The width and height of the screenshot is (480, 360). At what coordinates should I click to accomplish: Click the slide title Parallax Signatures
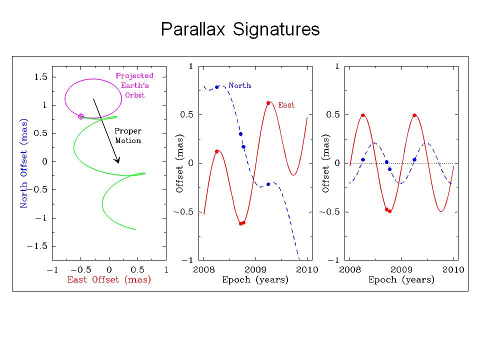pyautogui.click(x=240, y=29)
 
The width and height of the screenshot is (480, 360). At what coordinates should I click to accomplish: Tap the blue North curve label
pyautogui.click(x=239, y=85)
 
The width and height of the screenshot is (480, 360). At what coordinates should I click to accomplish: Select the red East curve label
pyautogui.click(x=286, y=105)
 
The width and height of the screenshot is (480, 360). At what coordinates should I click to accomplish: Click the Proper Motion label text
pyautogui.click(x=128, y=135)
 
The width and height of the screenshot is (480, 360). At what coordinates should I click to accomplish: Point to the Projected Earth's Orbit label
pyautogui.click(x=134, y=85)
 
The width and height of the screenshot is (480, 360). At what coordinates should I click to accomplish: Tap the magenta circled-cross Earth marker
pyautogui.click(x=81, y=116)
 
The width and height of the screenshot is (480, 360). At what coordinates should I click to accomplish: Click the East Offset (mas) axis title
pyautogui.click(x=109, y=279)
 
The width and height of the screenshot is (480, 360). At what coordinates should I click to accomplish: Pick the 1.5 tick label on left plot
pyautogui.click(x=40, y=76)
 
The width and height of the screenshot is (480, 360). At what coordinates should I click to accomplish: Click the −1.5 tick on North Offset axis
pyautogui.click(x=38, y=246)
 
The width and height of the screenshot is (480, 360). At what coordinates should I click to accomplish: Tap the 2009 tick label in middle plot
pyautogui.click(x=255, y=270)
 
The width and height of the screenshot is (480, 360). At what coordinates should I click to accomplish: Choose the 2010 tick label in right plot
pyautogui.click(x=453, y=270)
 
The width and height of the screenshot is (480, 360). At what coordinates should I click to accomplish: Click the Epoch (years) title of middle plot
pyautogui.click(x=255, y=280)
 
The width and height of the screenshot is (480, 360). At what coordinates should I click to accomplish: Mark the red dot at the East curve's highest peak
pyautogui.click(x=268, y=103)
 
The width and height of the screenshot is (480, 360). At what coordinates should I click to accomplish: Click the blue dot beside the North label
pyautogui.click(x=216, y=87)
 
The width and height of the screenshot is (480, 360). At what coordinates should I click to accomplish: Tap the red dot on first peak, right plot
pyautogui.click(x=363, y=115)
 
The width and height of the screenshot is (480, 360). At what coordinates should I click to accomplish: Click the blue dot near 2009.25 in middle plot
pyautogui.click(x=268, y=184)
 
